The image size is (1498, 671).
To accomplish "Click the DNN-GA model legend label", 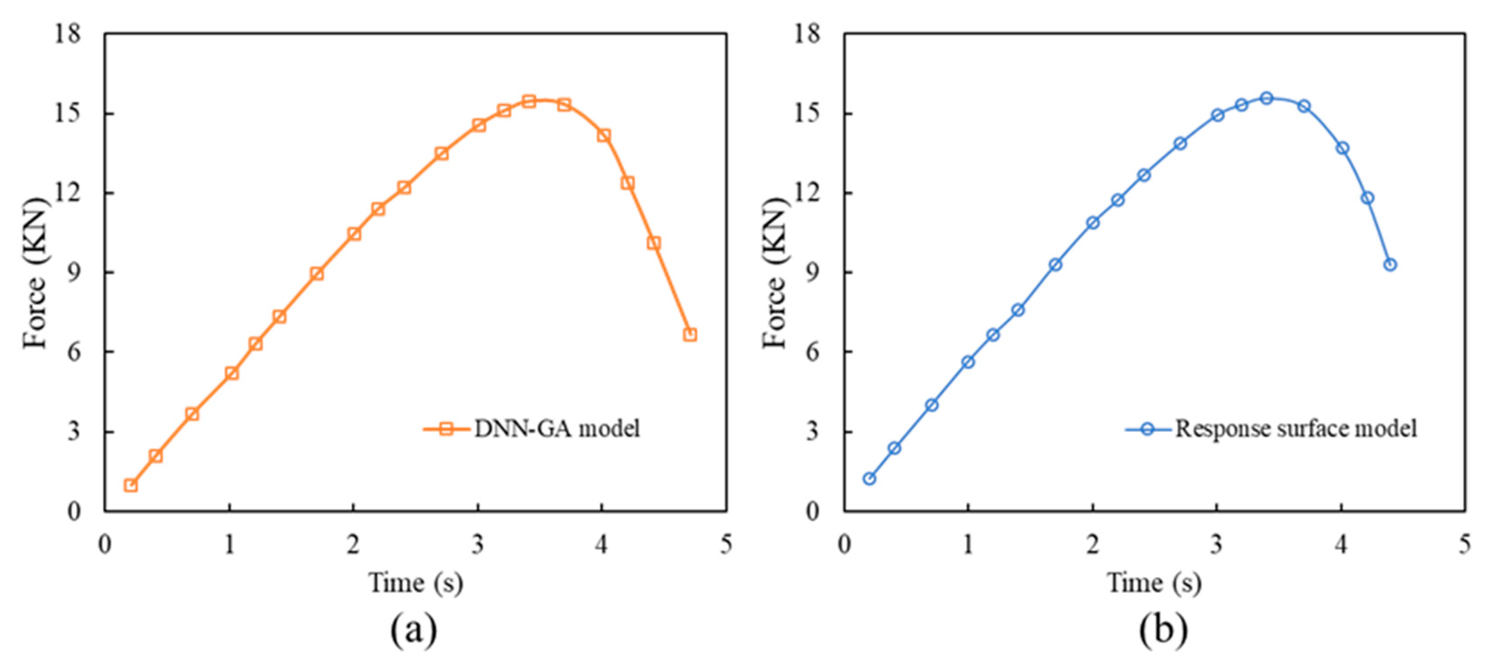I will pyautogui.click(x=557, y=428).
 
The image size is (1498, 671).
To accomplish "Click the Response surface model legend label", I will pyautogui.click(x=1296, y=428).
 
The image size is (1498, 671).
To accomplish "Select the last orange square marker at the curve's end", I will pyautogui.click(x=690, y=335).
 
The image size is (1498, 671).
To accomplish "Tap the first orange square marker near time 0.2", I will pyautogui.click(x=131, y=485).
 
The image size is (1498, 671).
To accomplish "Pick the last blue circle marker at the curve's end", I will pyautogui.click(x=1390, y=264).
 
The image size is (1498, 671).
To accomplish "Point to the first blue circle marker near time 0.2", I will pyautogui.click(x=869, y=478).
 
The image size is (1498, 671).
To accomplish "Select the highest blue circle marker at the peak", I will pyautogui.click(x=1267, y=98).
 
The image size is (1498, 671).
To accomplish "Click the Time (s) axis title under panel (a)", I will pyautogui.click(x=415, y=583).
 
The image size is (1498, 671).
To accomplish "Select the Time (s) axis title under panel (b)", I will pyautogui.click(x=1154, y=583).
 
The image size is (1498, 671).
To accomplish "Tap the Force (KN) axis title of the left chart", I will pyautogui.click(x=35, y=273).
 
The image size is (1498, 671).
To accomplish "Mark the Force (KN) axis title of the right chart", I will pyautogui.click(x=775, y=273).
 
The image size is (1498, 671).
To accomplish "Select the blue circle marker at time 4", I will pyautogui.click(x=1342, y=148).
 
